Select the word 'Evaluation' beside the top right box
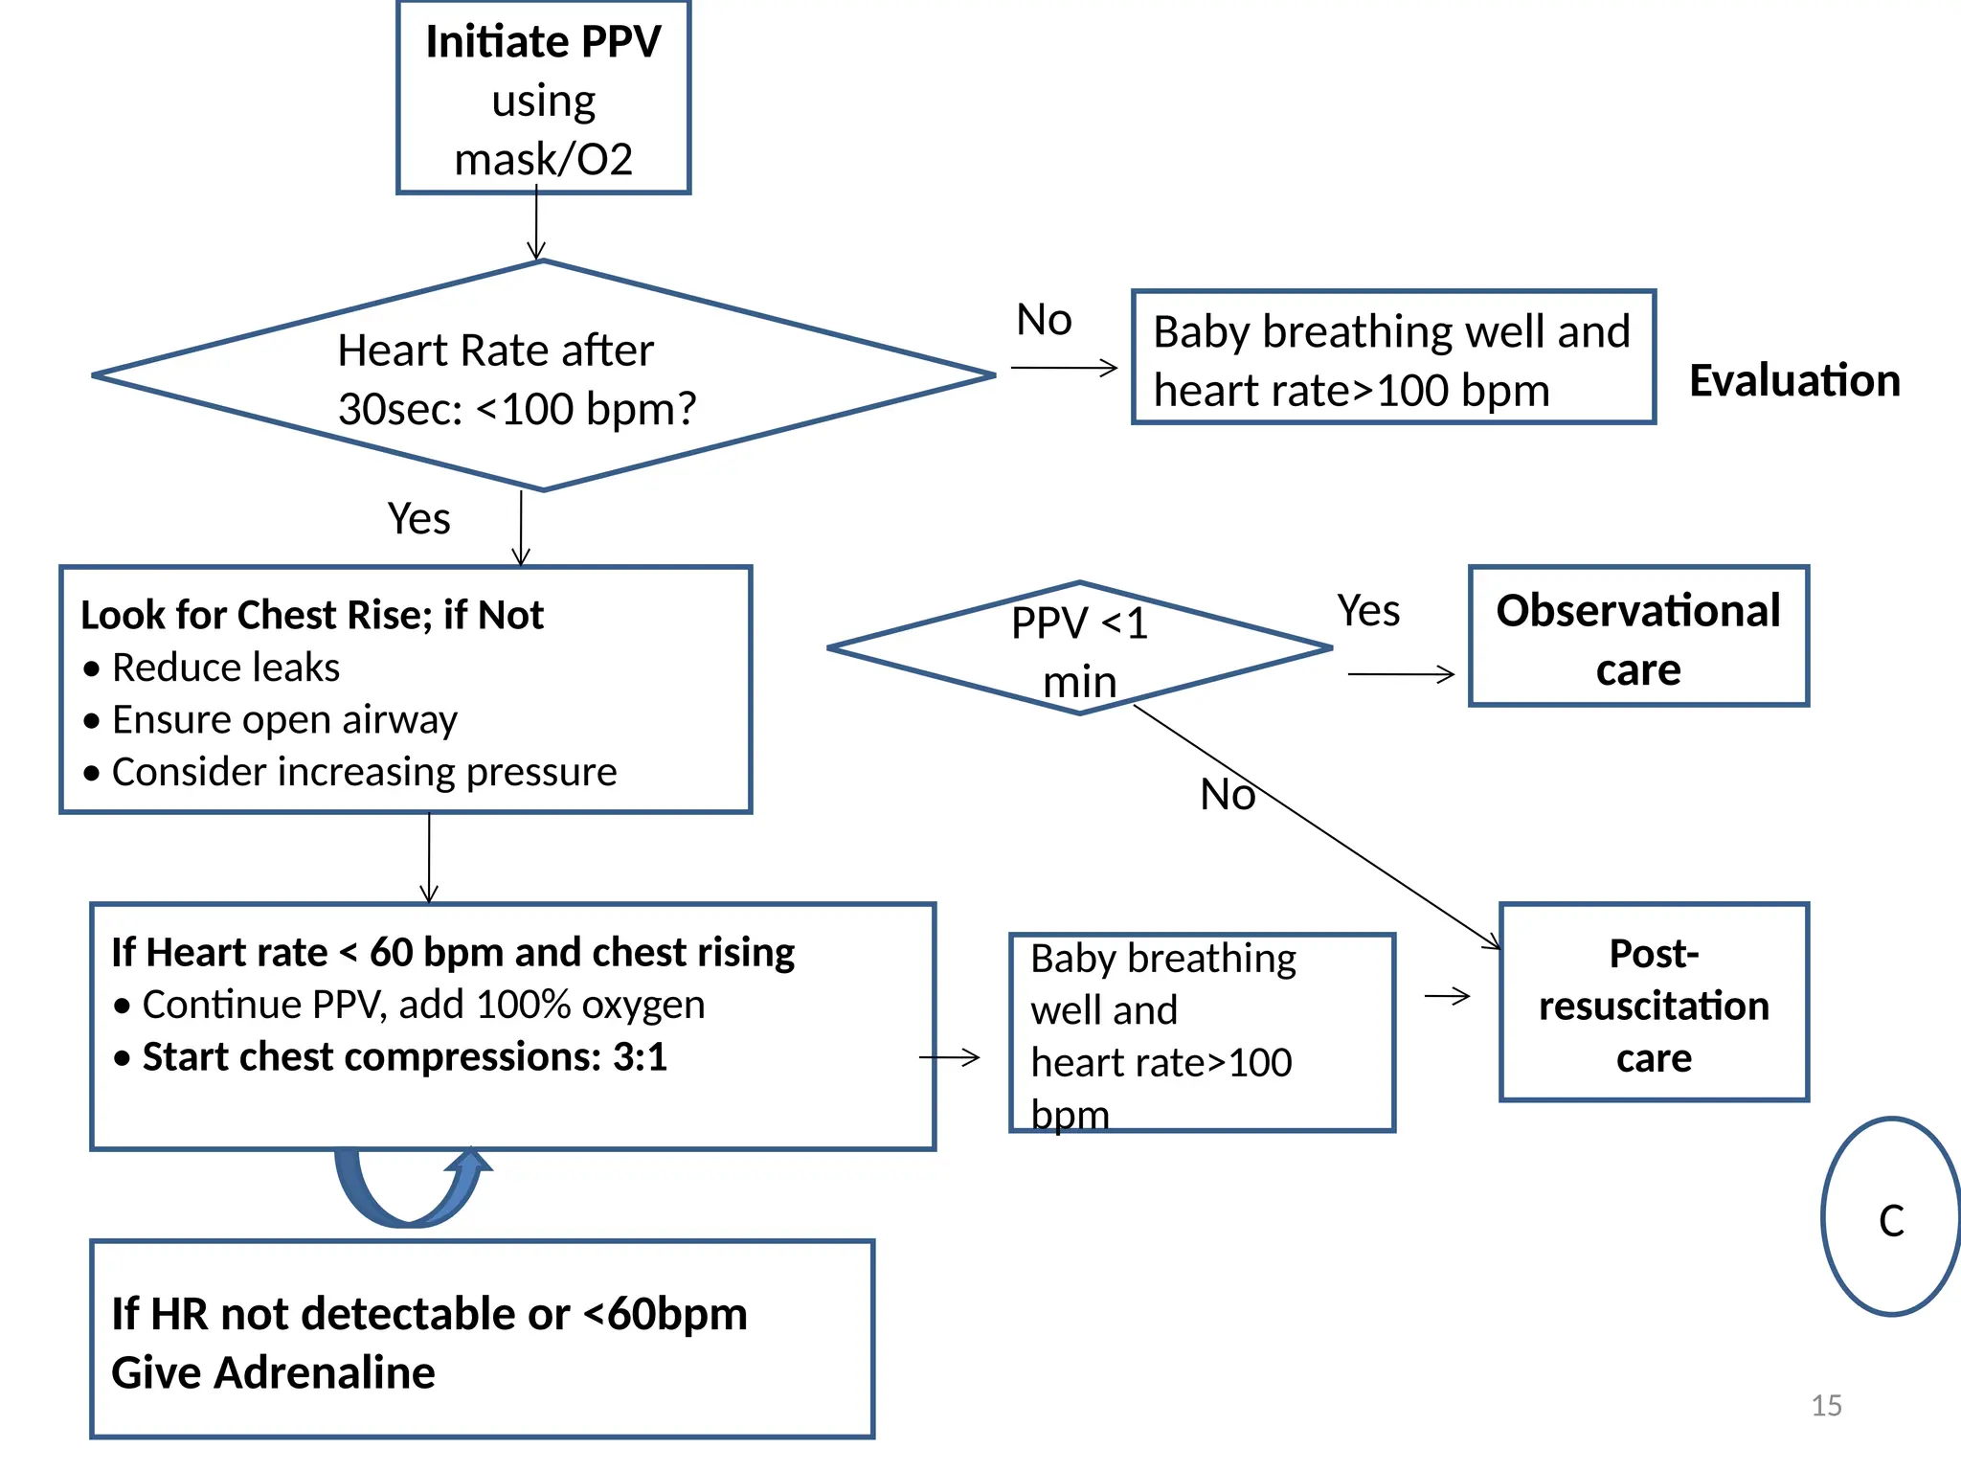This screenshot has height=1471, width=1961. tap(1794, 380)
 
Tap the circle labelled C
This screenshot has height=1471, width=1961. tap(1891, 1218)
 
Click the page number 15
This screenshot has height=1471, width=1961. tap(1826, 1405)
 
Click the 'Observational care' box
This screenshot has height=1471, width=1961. tap(1638, 637)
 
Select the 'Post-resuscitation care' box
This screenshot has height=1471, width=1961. tap(1654, 1004)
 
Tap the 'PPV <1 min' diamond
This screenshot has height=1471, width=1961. tap(1079, 649)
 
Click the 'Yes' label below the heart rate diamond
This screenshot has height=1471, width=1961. tap(418, 519)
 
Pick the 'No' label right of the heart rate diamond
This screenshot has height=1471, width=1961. tap(1044, 320)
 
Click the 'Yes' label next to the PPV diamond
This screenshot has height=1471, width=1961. tap(1368, 611)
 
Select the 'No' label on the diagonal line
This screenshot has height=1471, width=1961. tap(1227, 795)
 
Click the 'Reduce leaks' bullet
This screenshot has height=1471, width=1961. tap(225, 668)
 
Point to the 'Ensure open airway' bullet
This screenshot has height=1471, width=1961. tap(284, 720)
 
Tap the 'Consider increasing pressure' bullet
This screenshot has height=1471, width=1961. tap(364, 772)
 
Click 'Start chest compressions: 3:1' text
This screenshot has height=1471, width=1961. tap(404, 1057)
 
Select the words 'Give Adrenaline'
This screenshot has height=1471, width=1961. tap(273, 1372)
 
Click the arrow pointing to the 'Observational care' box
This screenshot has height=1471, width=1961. tap(1401, 675)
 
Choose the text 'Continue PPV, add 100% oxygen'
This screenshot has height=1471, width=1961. tap(423, 1005)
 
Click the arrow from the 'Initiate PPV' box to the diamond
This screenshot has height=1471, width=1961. tap(536, 225)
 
